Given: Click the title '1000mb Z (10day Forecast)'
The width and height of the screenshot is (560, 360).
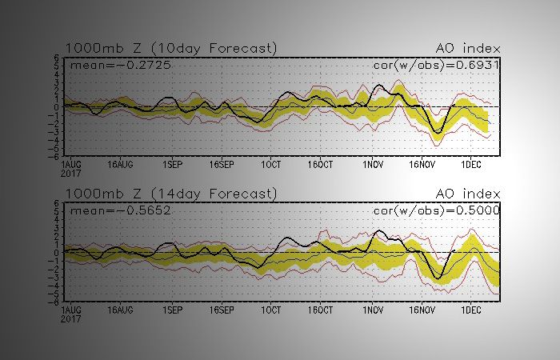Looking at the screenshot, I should tap(171, 49).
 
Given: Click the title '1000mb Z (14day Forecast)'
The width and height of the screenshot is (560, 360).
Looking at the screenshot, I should tap(171, 194).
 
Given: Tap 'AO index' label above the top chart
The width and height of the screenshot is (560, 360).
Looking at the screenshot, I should tap(467, 49).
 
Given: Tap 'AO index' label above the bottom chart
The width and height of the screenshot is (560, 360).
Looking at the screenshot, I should tap(467, 194).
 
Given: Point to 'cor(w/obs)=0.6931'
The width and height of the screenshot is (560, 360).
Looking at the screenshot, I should tap(437, 64).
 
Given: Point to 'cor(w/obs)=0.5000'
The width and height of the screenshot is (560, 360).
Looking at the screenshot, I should tap(437, 210).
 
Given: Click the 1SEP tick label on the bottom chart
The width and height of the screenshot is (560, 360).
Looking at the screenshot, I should tap(171, 309).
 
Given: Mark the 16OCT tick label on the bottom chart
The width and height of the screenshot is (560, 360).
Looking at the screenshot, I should tap(320, 309).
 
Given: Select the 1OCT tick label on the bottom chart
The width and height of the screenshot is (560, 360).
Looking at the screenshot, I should tap(271, 309).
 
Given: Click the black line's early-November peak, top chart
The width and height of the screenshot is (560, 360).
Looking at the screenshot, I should tap(378, 85).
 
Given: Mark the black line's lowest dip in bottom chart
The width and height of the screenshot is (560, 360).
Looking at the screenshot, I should tap(438, 278).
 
